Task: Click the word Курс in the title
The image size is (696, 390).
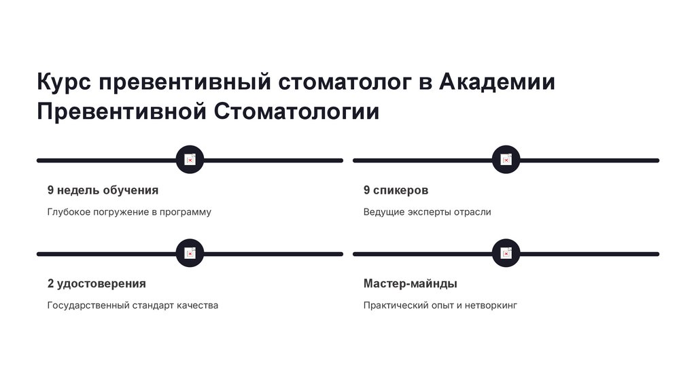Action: tap(64, 82)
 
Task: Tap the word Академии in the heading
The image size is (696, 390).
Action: tap(497, 82)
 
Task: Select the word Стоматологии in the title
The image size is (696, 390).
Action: tap(297, 111)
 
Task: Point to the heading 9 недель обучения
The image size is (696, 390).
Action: tap(103, 190)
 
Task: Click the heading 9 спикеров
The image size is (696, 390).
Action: tap(396, 190)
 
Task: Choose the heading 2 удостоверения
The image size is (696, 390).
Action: tap(97, 283)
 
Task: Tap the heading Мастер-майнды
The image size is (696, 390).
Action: tap(410, 283)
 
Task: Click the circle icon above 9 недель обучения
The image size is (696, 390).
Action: tap(190, 160)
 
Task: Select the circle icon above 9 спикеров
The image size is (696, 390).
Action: tap(506, 160)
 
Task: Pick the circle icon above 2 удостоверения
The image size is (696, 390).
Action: tap(190, 253)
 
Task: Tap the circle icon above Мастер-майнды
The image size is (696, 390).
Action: tap(506, 253)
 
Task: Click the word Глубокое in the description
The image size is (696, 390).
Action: tap(69, 212)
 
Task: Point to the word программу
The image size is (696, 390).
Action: tap(185, 212)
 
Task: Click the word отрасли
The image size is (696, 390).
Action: tap(472, 212)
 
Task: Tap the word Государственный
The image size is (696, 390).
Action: tap(88, 305)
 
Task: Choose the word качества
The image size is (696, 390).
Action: tap(197, 305)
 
